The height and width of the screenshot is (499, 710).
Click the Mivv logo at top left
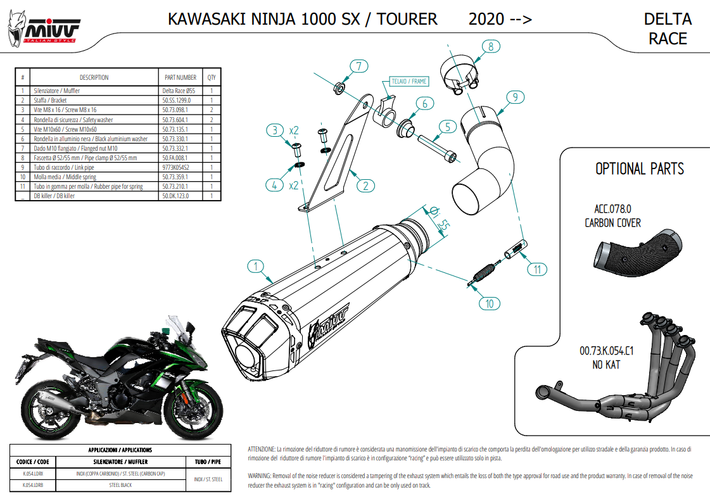coord(44,27)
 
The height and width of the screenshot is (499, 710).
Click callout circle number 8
coord(490,46)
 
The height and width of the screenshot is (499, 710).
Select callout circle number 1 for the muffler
coord(255,267)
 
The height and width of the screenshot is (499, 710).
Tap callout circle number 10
coord(489,304)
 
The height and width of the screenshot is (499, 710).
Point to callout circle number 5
coord(447,127)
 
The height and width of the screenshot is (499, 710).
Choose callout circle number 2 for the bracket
coord(365,186)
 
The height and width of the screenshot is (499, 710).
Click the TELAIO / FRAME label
coord(409,81)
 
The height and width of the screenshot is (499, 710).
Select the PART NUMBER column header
coord(180,77)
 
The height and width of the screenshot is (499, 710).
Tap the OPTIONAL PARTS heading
coord(640,169)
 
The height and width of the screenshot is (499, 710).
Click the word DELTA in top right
coord(668,20)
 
